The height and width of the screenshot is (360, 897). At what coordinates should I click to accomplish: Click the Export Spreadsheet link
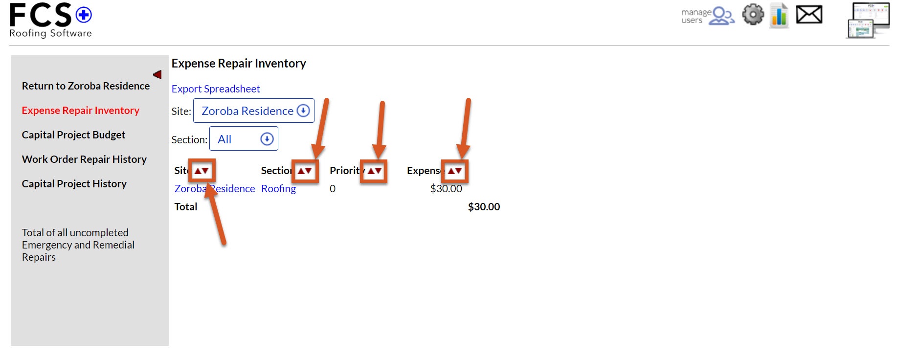click(216, 89)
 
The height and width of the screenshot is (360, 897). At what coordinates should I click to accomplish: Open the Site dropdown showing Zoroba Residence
click(254, 111)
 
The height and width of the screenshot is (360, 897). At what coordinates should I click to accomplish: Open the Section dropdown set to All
click(244, 139)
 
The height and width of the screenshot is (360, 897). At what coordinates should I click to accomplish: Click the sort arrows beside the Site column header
click(202, 171)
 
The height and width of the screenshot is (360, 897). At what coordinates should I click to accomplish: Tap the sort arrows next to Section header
click(305, 171)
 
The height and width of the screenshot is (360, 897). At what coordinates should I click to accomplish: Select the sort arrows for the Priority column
click(374, 171)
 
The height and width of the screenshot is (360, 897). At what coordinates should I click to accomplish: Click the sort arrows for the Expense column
click(454, 171)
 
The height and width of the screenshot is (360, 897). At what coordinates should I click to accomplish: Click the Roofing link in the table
click(278, 189)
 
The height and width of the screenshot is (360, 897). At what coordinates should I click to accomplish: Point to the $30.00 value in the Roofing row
click(446, 189)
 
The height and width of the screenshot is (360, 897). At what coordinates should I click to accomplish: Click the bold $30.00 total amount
click(484, 207)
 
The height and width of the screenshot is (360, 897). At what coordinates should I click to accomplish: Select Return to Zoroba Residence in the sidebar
click(86, 86)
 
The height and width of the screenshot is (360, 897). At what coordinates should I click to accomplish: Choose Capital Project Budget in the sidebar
click(73, 135)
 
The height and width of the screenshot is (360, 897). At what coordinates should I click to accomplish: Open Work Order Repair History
click(84, 159)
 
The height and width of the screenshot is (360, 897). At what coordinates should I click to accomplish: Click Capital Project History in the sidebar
click(74, 184)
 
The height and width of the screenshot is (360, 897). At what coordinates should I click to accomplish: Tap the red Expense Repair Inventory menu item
click(81, 111)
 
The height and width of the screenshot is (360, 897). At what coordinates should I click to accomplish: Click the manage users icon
click(708, 16)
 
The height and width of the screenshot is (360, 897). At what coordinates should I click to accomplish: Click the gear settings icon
click(753, 15)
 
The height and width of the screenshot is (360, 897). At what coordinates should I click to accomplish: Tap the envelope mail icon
click(809, 15)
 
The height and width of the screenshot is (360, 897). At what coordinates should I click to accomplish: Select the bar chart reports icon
click(779, 15)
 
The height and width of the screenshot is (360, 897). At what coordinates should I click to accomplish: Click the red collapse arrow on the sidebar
click(157, 74)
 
